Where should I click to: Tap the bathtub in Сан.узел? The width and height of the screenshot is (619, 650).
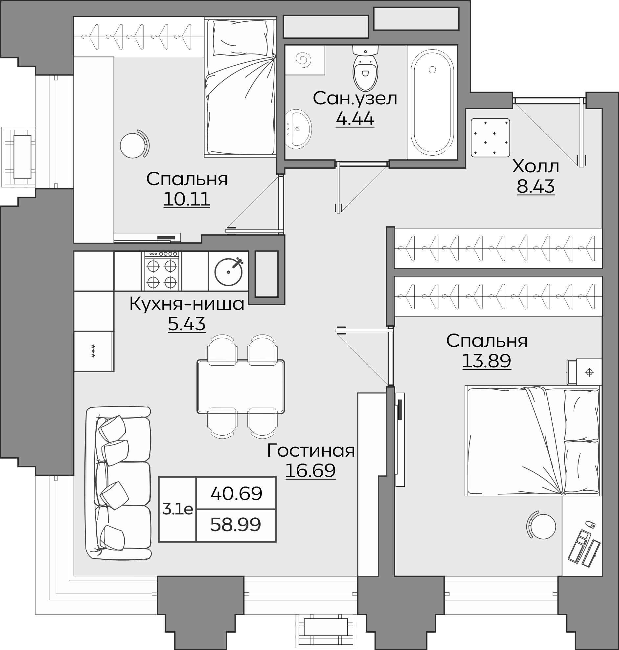[432, 102]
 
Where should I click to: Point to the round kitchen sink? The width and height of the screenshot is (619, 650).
[229, 271]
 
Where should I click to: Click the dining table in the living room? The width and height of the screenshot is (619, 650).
[241, 386]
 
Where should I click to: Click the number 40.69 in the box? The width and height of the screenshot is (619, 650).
[236, 493]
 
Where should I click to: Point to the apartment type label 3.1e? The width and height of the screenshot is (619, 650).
[177, 509]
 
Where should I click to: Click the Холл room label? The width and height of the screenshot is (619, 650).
[536, 167]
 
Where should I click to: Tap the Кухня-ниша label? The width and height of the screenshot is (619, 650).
[187, 304]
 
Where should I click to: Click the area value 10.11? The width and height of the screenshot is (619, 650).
[187, 199]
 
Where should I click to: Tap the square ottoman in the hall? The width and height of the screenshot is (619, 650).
[490, 138]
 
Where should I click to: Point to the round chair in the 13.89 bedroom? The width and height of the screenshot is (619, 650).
[541, 527]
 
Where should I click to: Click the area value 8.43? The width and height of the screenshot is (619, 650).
[536, 186]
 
